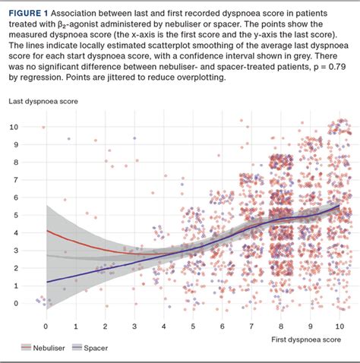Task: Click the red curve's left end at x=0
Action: [x=46, y=230]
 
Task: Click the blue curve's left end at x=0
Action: [x=46, y=282]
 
